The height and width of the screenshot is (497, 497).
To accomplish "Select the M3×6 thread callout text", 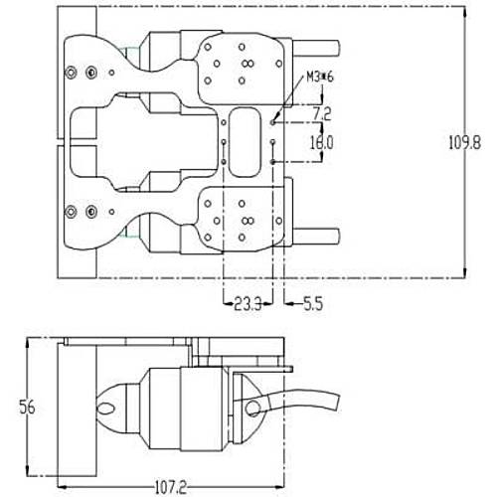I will click(319, 77).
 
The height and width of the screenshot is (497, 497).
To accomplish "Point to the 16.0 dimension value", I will click(320, 142).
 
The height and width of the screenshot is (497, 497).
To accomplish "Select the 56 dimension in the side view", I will click(31, 407).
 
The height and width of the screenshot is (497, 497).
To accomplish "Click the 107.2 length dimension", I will click(170, 487).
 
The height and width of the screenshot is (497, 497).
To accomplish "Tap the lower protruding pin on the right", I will click(319, 236).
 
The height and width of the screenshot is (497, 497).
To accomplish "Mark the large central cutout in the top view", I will click(149, 139).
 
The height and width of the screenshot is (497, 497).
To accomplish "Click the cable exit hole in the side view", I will click(255, 408).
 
